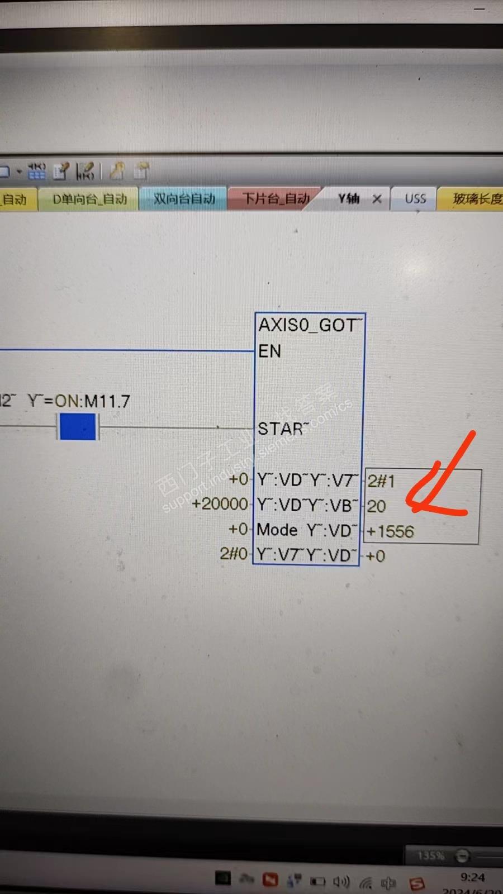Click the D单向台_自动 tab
pyautogui.click(x=89, y=199)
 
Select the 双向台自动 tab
pyautogui.click(x=184, y=199)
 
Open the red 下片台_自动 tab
pyautogui.click(x=275, y=199)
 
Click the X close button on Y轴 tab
pyautogui.click(x=377, y=199)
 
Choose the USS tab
pyautogui.click(x=415, y=199)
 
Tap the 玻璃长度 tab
pyautogui.click(x=477, y=199)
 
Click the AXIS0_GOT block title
pyautogui.click(x=309, y=325)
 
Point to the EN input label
pyautogui.click(x=269, y=351)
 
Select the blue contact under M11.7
pyautogui.click(x=78, y=427)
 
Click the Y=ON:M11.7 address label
pyautogui.click(x=79, y=401)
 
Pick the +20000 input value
pyautogui.click(x=220, y=504)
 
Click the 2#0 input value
pyautogui.click(x=234, y=554)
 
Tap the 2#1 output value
pyautogui.click(x=381, y=481)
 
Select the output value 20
pyautogui.click(x=376, y=506)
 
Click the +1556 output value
pyautogui.click(x=390, y=531)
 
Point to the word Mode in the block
pyautogui.click(x=277, y=530)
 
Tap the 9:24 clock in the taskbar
pyautogui.click(x=472, y=877)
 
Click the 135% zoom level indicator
pyautogui.click(x=431, y=855)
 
